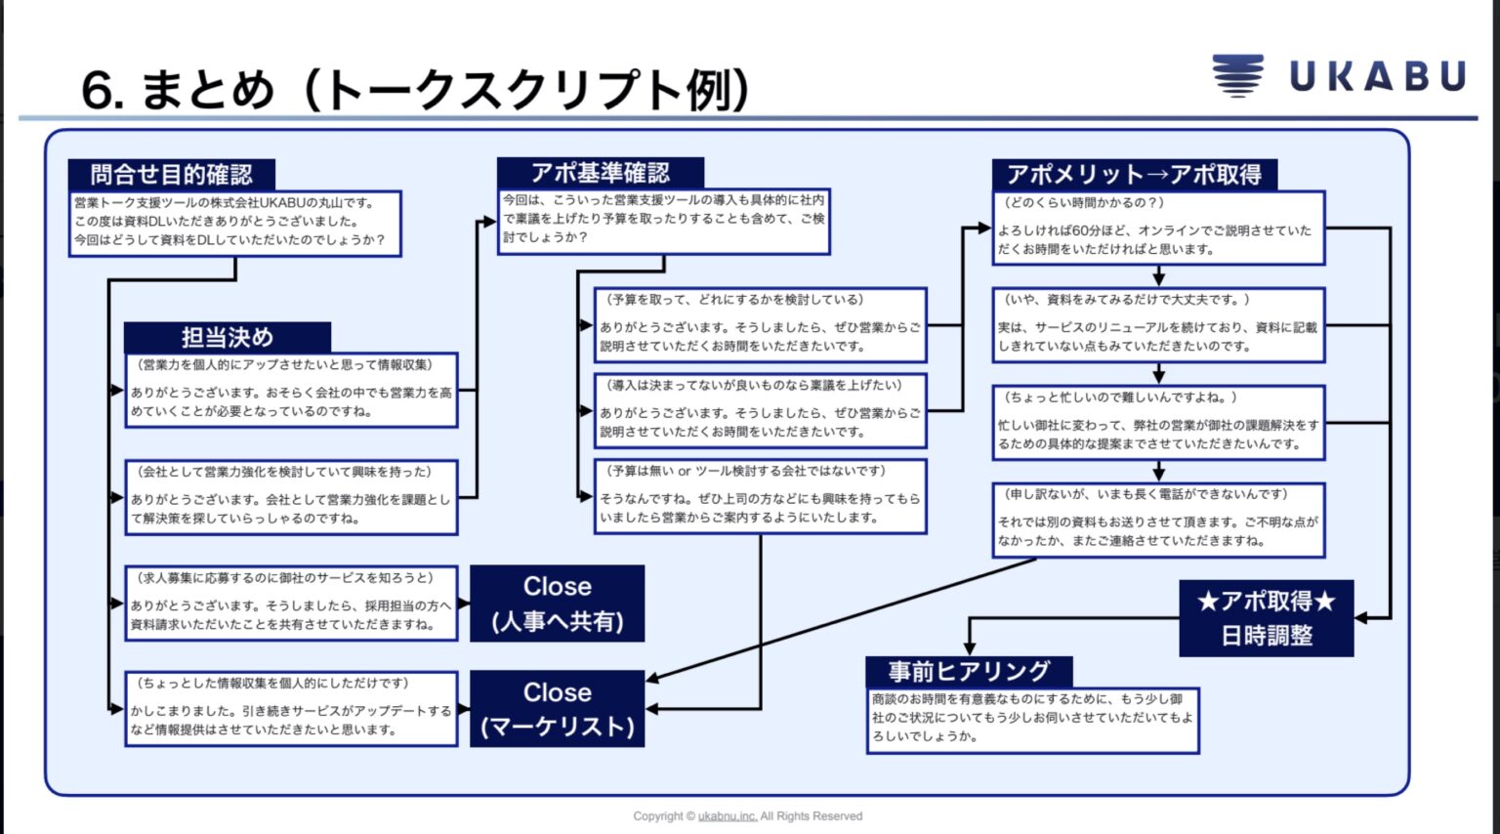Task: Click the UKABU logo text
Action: click(1377, 76)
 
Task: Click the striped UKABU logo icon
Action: click(1237, 75)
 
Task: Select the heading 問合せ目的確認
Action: click(172, 175)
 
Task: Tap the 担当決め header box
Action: click(228, 338)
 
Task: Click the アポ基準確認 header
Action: click(600, 173)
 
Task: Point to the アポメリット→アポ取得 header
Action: click(1134, 175)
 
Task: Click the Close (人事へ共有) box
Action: click(557, 604)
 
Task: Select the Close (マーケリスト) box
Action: click(557, 709)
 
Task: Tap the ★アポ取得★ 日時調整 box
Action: click(1266, 618)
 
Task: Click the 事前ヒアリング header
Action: click(969, 672)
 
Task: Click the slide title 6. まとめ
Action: click(415, 90)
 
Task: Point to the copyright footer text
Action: click(747, 816)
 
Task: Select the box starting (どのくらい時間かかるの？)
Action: click(1158, 228)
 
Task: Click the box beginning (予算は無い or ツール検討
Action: click(760, 496)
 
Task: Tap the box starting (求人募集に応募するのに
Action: click(291, 603)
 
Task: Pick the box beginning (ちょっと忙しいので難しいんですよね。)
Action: click(1158, 422)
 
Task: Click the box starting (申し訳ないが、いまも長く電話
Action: click(1158, 520)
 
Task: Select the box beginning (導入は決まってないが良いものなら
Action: click(760, 410)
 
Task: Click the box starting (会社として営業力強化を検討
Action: click(291, 497)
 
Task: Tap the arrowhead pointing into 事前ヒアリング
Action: click(969, 648)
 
